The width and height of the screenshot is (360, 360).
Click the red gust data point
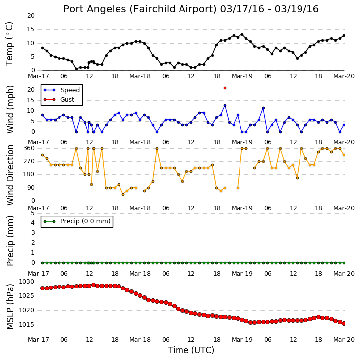tap(225, 88)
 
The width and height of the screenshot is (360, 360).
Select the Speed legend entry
tap(61, 90)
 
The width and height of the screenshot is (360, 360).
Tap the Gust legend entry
tap(59, 99)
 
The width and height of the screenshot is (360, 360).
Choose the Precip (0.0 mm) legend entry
tap(77, 221)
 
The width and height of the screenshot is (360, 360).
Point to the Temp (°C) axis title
tap(9, 44)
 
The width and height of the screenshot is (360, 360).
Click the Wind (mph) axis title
tap(10, 109)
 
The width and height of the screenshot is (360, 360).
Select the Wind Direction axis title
tap(10, 175)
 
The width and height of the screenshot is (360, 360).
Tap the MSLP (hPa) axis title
tap(10, 306)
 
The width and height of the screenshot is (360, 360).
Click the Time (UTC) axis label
tap(191, 350)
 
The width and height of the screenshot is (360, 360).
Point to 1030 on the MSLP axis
tap(26, 282)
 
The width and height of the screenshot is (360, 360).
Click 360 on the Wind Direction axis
tap(29, 148)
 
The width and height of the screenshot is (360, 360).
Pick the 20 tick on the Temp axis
tap(31, 16)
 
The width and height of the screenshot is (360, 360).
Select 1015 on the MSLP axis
tap(26, 325)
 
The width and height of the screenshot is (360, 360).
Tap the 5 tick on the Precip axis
tap(32, 213)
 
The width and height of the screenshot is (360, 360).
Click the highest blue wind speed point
tap(225, 105)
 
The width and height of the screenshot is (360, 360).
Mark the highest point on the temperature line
tap(242, 35)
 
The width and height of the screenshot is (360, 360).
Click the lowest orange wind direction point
tap(123, 194)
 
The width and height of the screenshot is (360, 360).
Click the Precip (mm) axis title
tap(10, 241)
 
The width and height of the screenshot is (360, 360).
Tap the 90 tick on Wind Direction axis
tap(31, 188)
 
